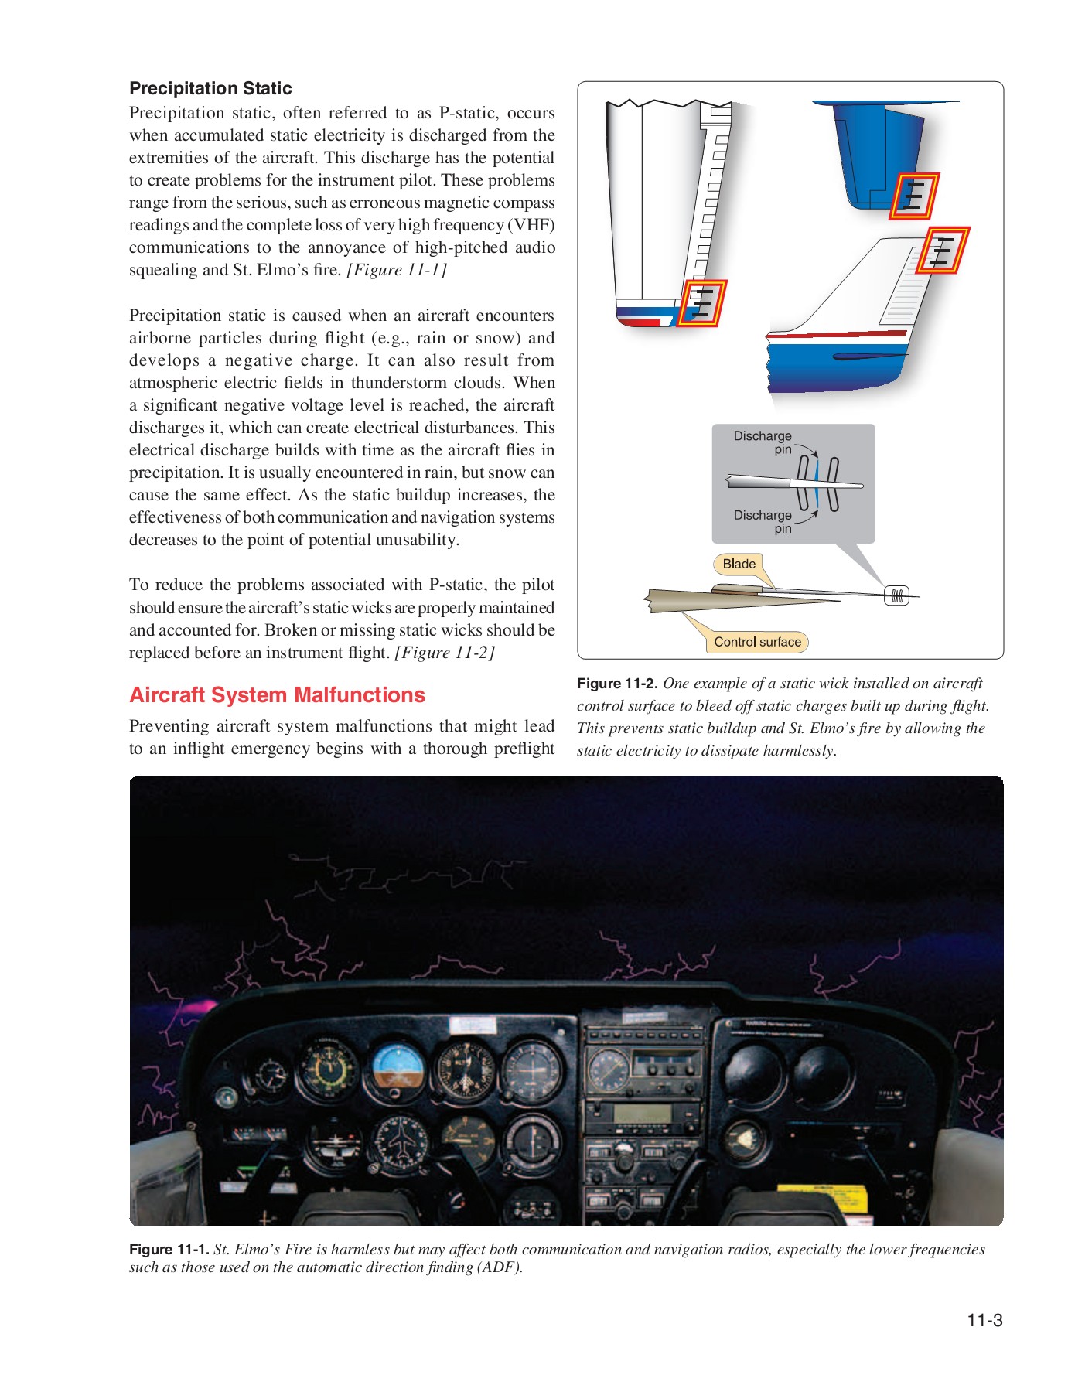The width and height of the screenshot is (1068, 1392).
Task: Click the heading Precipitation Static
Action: coord(210,88)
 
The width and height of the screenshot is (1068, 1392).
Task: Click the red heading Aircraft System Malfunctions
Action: coord(277,694)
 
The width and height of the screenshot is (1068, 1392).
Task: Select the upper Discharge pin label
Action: coord(763,442)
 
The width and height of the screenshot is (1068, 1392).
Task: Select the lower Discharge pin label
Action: coord(763,521)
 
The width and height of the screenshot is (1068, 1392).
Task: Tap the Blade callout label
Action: coord(739,564)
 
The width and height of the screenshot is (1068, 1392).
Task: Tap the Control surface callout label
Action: coord(757,642)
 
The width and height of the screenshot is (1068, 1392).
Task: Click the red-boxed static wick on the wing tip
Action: coord(701,303)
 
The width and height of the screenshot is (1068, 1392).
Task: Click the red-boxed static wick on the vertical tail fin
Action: coord(943,251)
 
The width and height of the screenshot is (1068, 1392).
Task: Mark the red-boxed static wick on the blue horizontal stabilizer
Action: coord(913,196)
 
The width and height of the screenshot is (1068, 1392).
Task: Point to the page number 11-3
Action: coord(984,1320)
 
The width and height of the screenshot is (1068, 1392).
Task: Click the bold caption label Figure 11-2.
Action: coord(617,684)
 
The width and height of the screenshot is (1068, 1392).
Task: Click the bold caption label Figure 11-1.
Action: coord(169,1250)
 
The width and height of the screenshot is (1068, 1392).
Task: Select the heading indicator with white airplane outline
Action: coord(402,1142)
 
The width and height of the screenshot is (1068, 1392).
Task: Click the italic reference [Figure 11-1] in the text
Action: coord(397,270)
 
